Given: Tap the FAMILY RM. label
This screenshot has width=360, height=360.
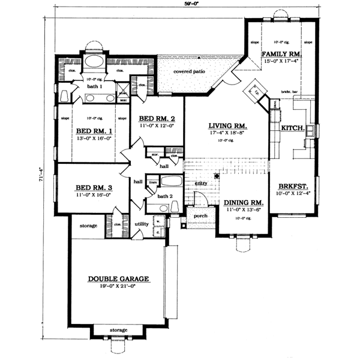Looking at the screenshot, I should pyautogui.click(x=281, y=54).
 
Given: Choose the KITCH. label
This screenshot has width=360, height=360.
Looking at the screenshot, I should pyautogui.click(x=293, y=128).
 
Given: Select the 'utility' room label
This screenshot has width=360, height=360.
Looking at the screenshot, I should pyautogui.click(x=141, y=223).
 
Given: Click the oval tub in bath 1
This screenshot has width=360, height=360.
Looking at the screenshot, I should pyautogui.click(x=94, y=61).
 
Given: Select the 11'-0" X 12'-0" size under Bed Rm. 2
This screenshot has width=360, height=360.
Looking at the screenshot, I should pyautogui.click(x=155, y=126).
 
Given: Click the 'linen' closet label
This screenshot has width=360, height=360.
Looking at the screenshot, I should pyautogui.click(x=153, y=181).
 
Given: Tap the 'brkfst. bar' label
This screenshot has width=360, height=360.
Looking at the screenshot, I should pyautogui.click(x=290, y=91).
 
